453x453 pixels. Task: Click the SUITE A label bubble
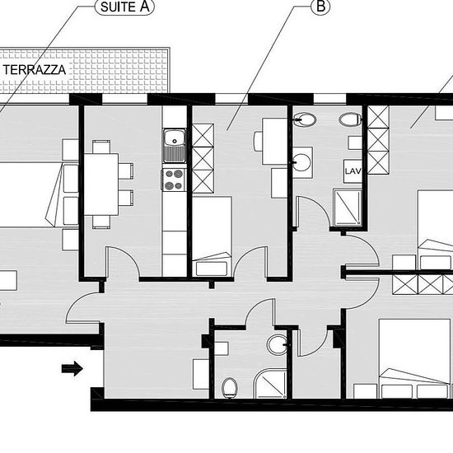[x=125, y=7]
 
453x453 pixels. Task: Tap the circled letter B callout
[x=320, y=7]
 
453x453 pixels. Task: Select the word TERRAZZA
[x=35, y=70]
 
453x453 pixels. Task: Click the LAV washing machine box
[x=353, y=171]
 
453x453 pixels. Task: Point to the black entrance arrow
[x=72, y=368]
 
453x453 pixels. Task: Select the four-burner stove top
[x=173, y=180]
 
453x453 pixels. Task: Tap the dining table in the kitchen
[x=101, y=184]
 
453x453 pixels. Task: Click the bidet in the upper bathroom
[x=304, y=119]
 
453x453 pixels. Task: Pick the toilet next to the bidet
[x=350, y=119]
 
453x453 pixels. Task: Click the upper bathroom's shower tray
[x=348, y=207]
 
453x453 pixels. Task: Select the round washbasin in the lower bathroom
[x=278, y=344]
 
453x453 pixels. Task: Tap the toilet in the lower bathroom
[x=230, y=388]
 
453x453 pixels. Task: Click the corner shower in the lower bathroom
[x=270, y=384]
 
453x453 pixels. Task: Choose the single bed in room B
[x=212, y=236]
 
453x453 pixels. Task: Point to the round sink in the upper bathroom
[x=301, y=162]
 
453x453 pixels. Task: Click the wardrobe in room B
[x=203, y=159]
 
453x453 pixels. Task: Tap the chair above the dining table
[x=101, y=147]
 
